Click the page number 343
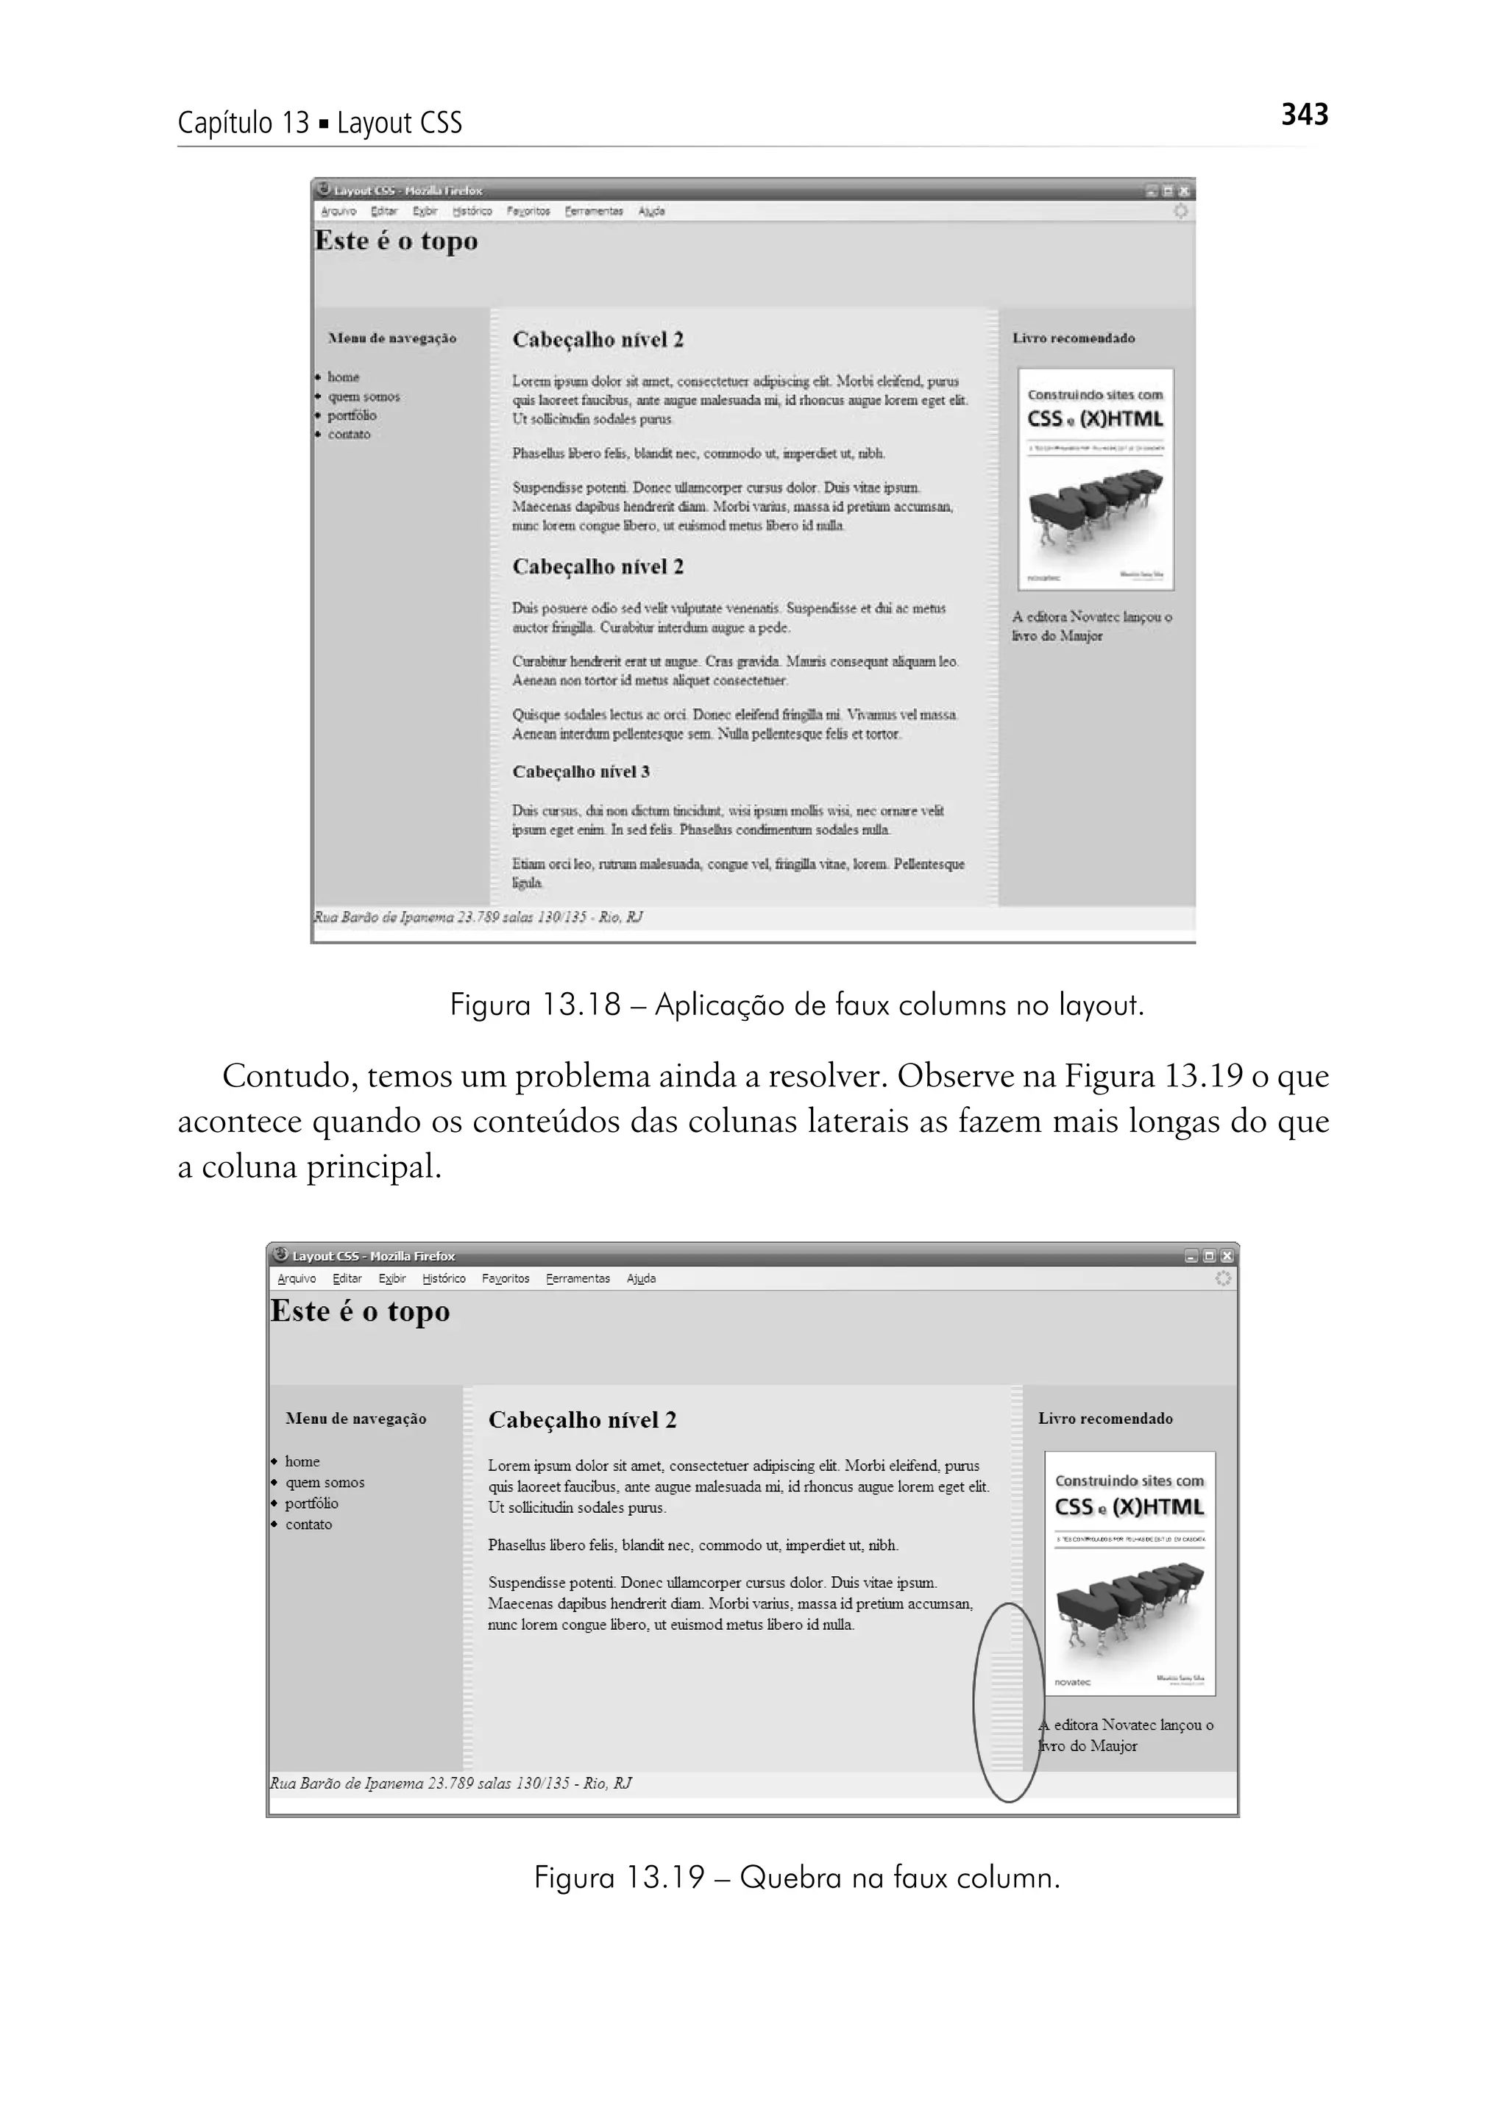1304,115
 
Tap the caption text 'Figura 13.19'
619,1878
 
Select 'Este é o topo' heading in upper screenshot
396,241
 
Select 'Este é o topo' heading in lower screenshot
360,1311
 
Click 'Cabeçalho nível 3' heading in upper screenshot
581,772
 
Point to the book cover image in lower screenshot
1130,1573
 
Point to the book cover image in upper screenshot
1095,479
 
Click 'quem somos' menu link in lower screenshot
325,1482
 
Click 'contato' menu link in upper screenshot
349,434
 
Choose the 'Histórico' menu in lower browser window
444,1278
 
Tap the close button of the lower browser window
1227,1256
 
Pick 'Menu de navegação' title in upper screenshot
392,338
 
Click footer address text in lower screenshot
451,1783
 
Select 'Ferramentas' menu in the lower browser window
578,1278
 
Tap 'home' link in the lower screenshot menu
302,1461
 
